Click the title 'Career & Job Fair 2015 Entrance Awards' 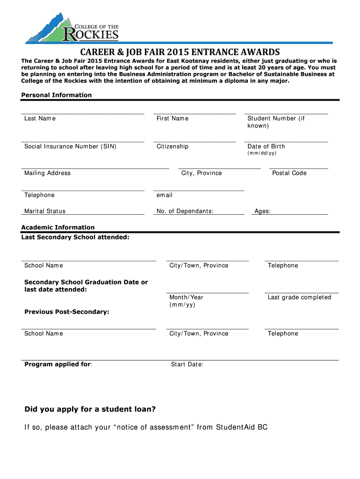[180, 51]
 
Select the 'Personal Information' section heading [57, 95]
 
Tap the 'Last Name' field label [40, 118]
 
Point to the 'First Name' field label [173, 118]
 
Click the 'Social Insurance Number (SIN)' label [70, 146]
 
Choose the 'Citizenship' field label [173, 146]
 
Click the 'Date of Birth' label [266, 146]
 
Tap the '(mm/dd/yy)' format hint [262, 153]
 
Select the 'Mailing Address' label [47, 173]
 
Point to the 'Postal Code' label [289, 173]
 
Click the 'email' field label [165, 195]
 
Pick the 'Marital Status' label [45, 211]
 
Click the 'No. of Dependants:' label [185, 211]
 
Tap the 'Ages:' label [262, 211]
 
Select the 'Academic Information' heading [58, 227]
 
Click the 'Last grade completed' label [299, 298]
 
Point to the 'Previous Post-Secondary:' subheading [67, 312]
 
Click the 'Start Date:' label [187, 364]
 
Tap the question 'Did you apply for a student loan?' [90, 409]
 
